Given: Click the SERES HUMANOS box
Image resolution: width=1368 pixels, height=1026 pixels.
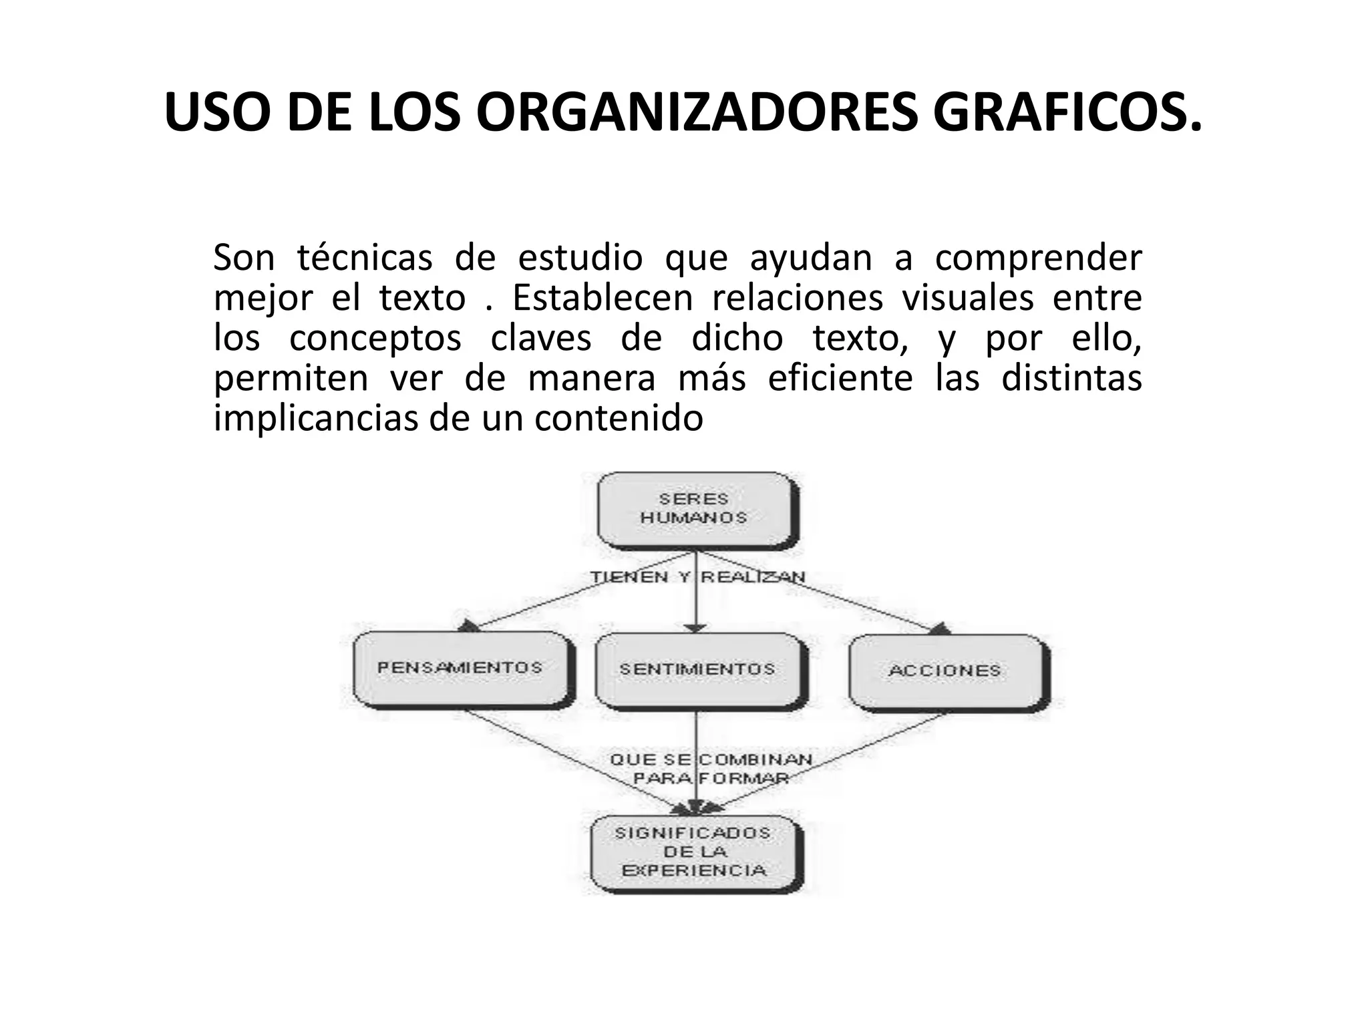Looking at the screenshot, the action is pyautogui.click(x=695, y=509).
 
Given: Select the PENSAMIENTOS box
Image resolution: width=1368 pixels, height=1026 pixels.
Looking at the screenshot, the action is pyautogui.click(x=460, y=668).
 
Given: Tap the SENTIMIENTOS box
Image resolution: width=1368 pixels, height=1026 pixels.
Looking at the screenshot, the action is pyautogui.click(x=697, y=669).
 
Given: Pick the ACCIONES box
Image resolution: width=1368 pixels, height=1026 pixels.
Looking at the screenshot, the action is pyautogui.click(x=945, y=671).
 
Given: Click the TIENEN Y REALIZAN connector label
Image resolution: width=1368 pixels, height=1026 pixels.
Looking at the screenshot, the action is pyautogui.click(x=697, y=577).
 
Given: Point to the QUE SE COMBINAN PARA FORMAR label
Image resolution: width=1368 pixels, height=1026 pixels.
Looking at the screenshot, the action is pyautogui.click(x=711, y=769).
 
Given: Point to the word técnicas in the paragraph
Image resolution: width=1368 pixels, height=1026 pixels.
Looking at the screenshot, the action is pyautogui.click(x=365, y=259).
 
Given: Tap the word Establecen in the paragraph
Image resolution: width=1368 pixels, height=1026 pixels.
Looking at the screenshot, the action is pyautogui.click(x=603, y=299).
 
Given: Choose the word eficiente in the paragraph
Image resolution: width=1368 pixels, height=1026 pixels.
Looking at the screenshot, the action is pyautogui.click(x=840, y=379).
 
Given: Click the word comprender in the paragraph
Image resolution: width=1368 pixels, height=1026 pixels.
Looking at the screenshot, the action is pyautogui.click(x=1037, y=259).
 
